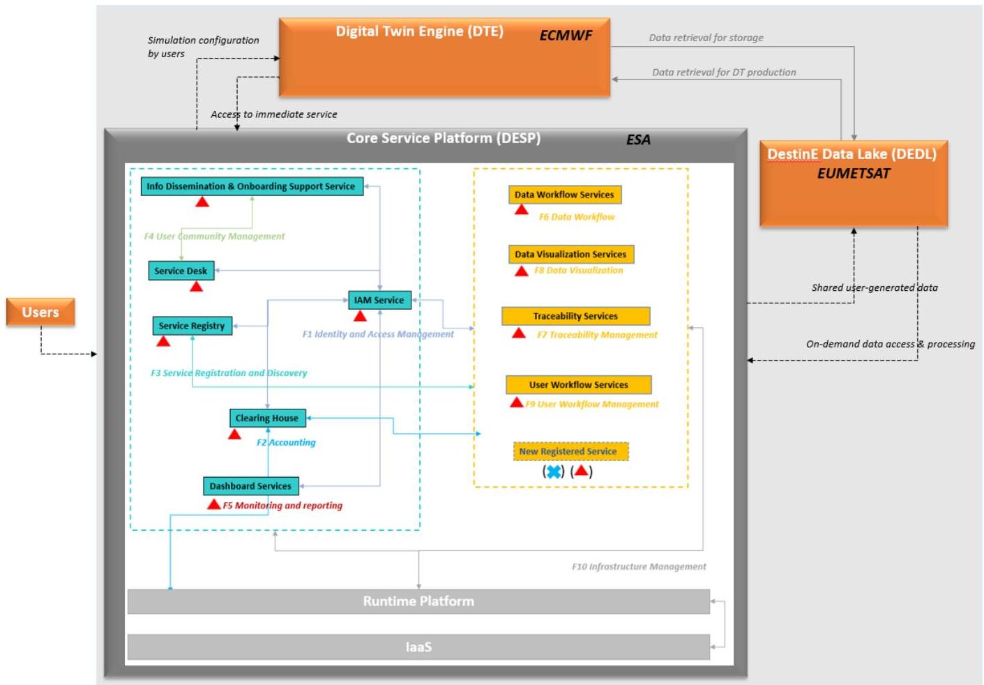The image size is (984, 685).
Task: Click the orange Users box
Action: (40, 312)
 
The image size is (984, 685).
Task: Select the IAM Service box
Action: (379, 300)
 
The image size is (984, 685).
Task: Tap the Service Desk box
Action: (181, 271)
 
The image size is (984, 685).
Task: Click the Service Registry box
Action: (192, 326)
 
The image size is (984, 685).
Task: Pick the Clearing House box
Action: (267, 418)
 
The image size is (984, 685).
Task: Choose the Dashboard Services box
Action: (250, 486)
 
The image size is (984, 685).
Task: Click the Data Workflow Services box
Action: (564, 195)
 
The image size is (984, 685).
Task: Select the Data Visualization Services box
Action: (570, 254)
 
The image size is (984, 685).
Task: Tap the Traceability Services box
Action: (575, 316)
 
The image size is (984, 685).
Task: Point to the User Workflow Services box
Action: (579, 384)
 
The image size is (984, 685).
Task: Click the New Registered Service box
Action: (570, 451)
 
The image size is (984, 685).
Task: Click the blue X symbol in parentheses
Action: (554, 472)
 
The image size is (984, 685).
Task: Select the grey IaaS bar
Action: (418, 647)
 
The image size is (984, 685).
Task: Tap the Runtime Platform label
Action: (418, 601)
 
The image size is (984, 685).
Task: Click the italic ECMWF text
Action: (566, 35)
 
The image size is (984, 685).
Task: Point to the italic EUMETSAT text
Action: (854, 174)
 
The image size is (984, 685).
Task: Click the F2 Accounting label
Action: (286, 442)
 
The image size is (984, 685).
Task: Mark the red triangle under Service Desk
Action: (197, 287)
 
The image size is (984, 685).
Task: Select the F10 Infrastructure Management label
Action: (639, 567)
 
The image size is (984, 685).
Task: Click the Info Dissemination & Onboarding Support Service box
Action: (252, 186)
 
